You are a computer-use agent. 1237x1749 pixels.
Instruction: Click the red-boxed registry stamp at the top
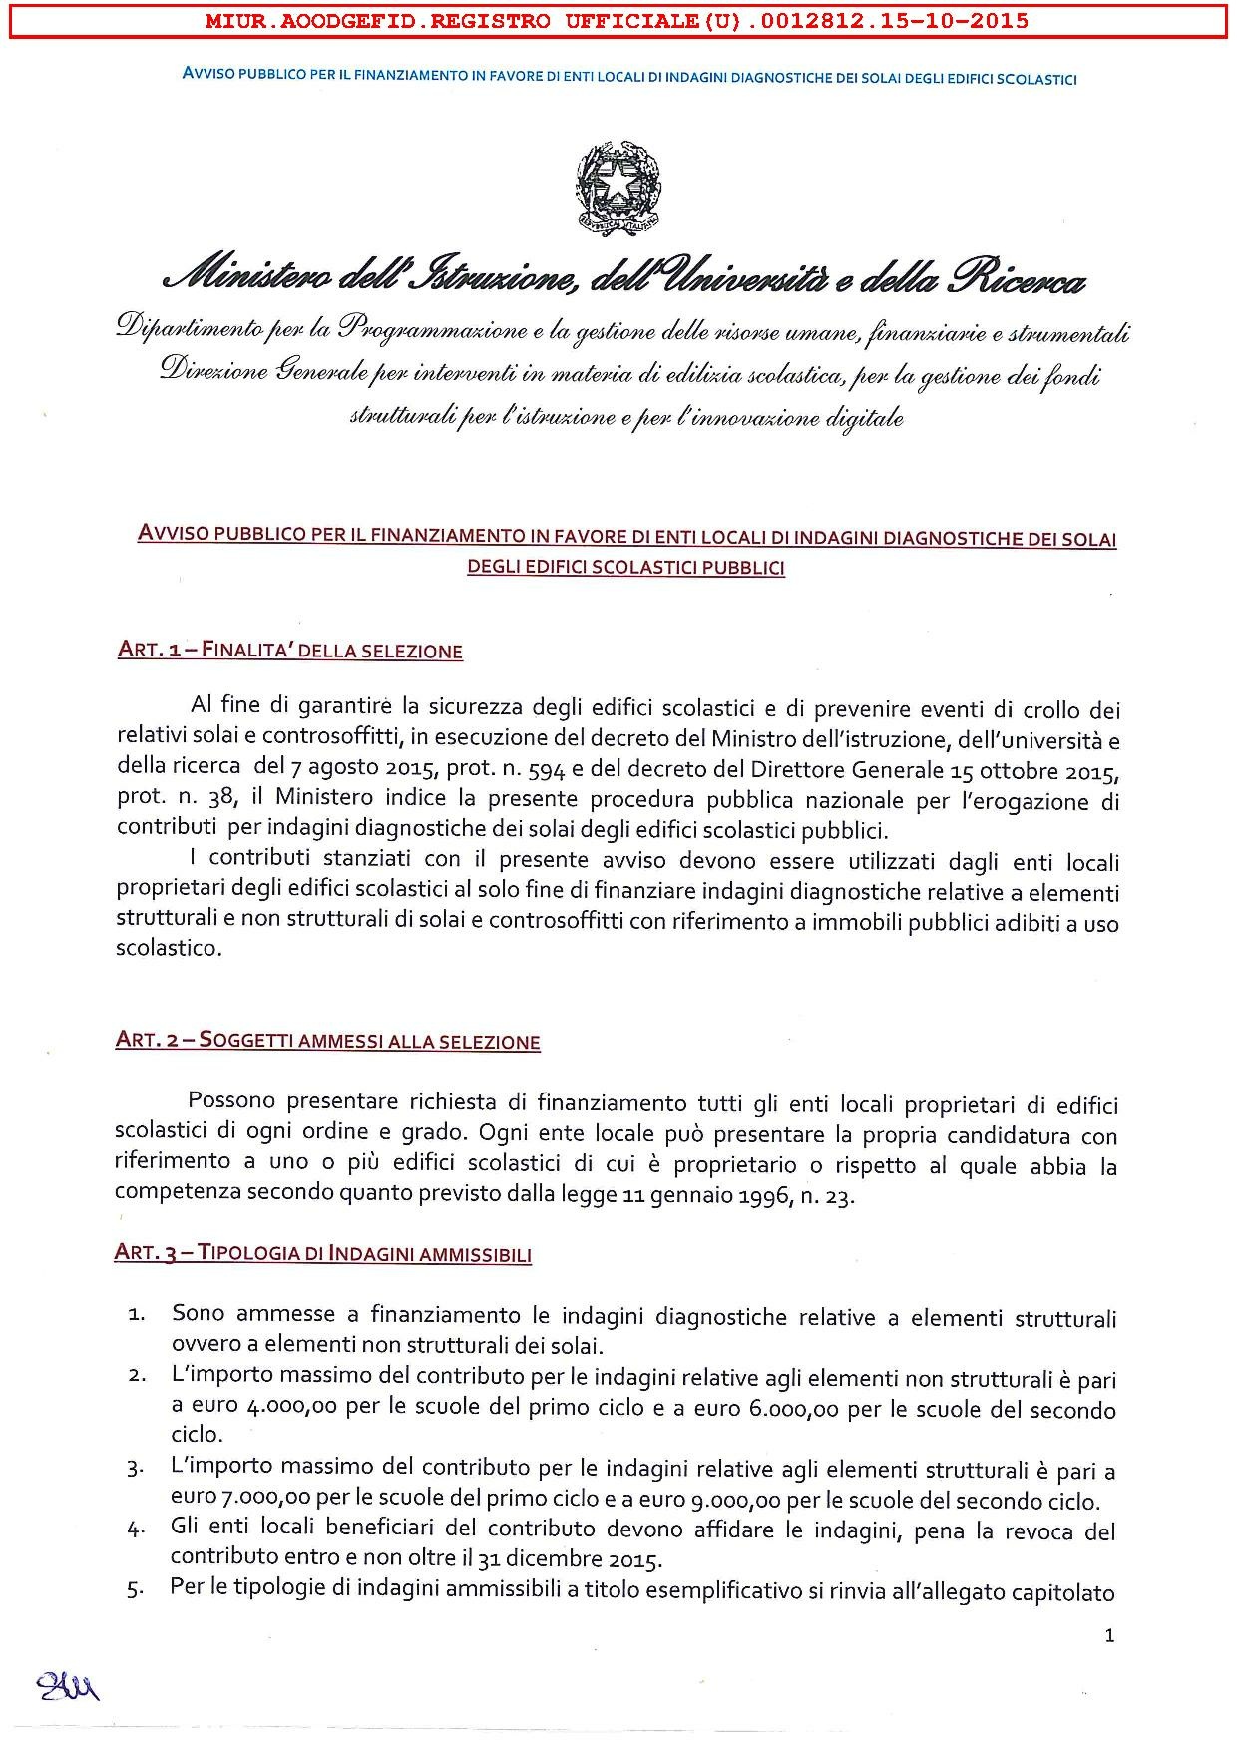pyautogui.click(x=617, y=21)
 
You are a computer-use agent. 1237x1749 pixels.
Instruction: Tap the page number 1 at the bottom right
pyautogui.click(x=1110, y=1635)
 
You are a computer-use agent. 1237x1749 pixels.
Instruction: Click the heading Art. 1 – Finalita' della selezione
pyautogui.click(x=289, y=652)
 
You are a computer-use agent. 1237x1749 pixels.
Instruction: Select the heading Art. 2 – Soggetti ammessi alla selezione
pyautogui.click(x=327, y=1042)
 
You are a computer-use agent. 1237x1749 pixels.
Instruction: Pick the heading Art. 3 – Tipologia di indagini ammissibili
pyautogui.click(x=322, y=1254)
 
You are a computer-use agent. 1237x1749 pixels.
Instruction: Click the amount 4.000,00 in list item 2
pyautogui.click(x=288, y=1410)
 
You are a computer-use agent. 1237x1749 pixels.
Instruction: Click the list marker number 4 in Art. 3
pyautogui.click(x=137, y=1531)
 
